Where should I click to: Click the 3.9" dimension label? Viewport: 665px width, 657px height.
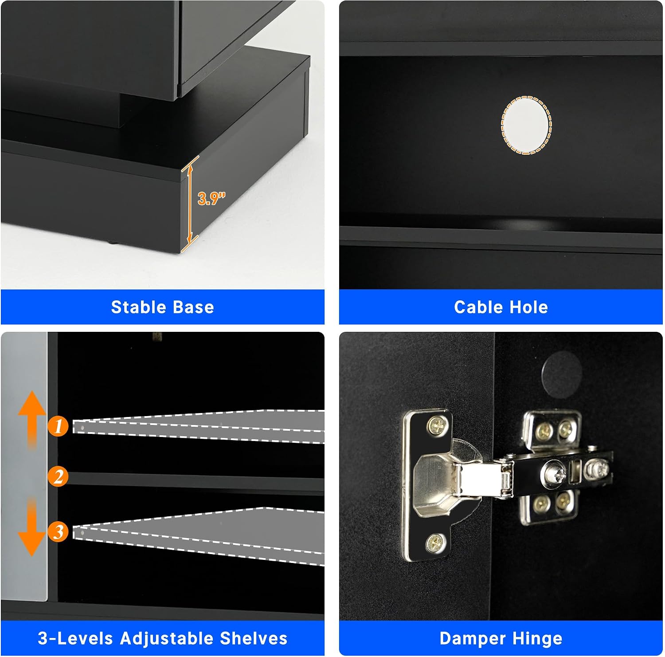coord(211,198)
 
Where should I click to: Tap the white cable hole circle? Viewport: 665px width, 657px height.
coord(526,126)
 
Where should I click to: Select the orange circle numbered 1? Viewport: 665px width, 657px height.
coord(59,426)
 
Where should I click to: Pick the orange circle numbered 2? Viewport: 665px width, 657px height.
coord(59,477)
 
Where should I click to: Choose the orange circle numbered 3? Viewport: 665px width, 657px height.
coord(59,531)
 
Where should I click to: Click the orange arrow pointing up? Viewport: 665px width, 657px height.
coord(32,419)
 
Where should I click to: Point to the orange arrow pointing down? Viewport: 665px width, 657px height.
coord(32,527)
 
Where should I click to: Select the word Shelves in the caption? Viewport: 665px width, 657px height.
coord(254,638)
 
